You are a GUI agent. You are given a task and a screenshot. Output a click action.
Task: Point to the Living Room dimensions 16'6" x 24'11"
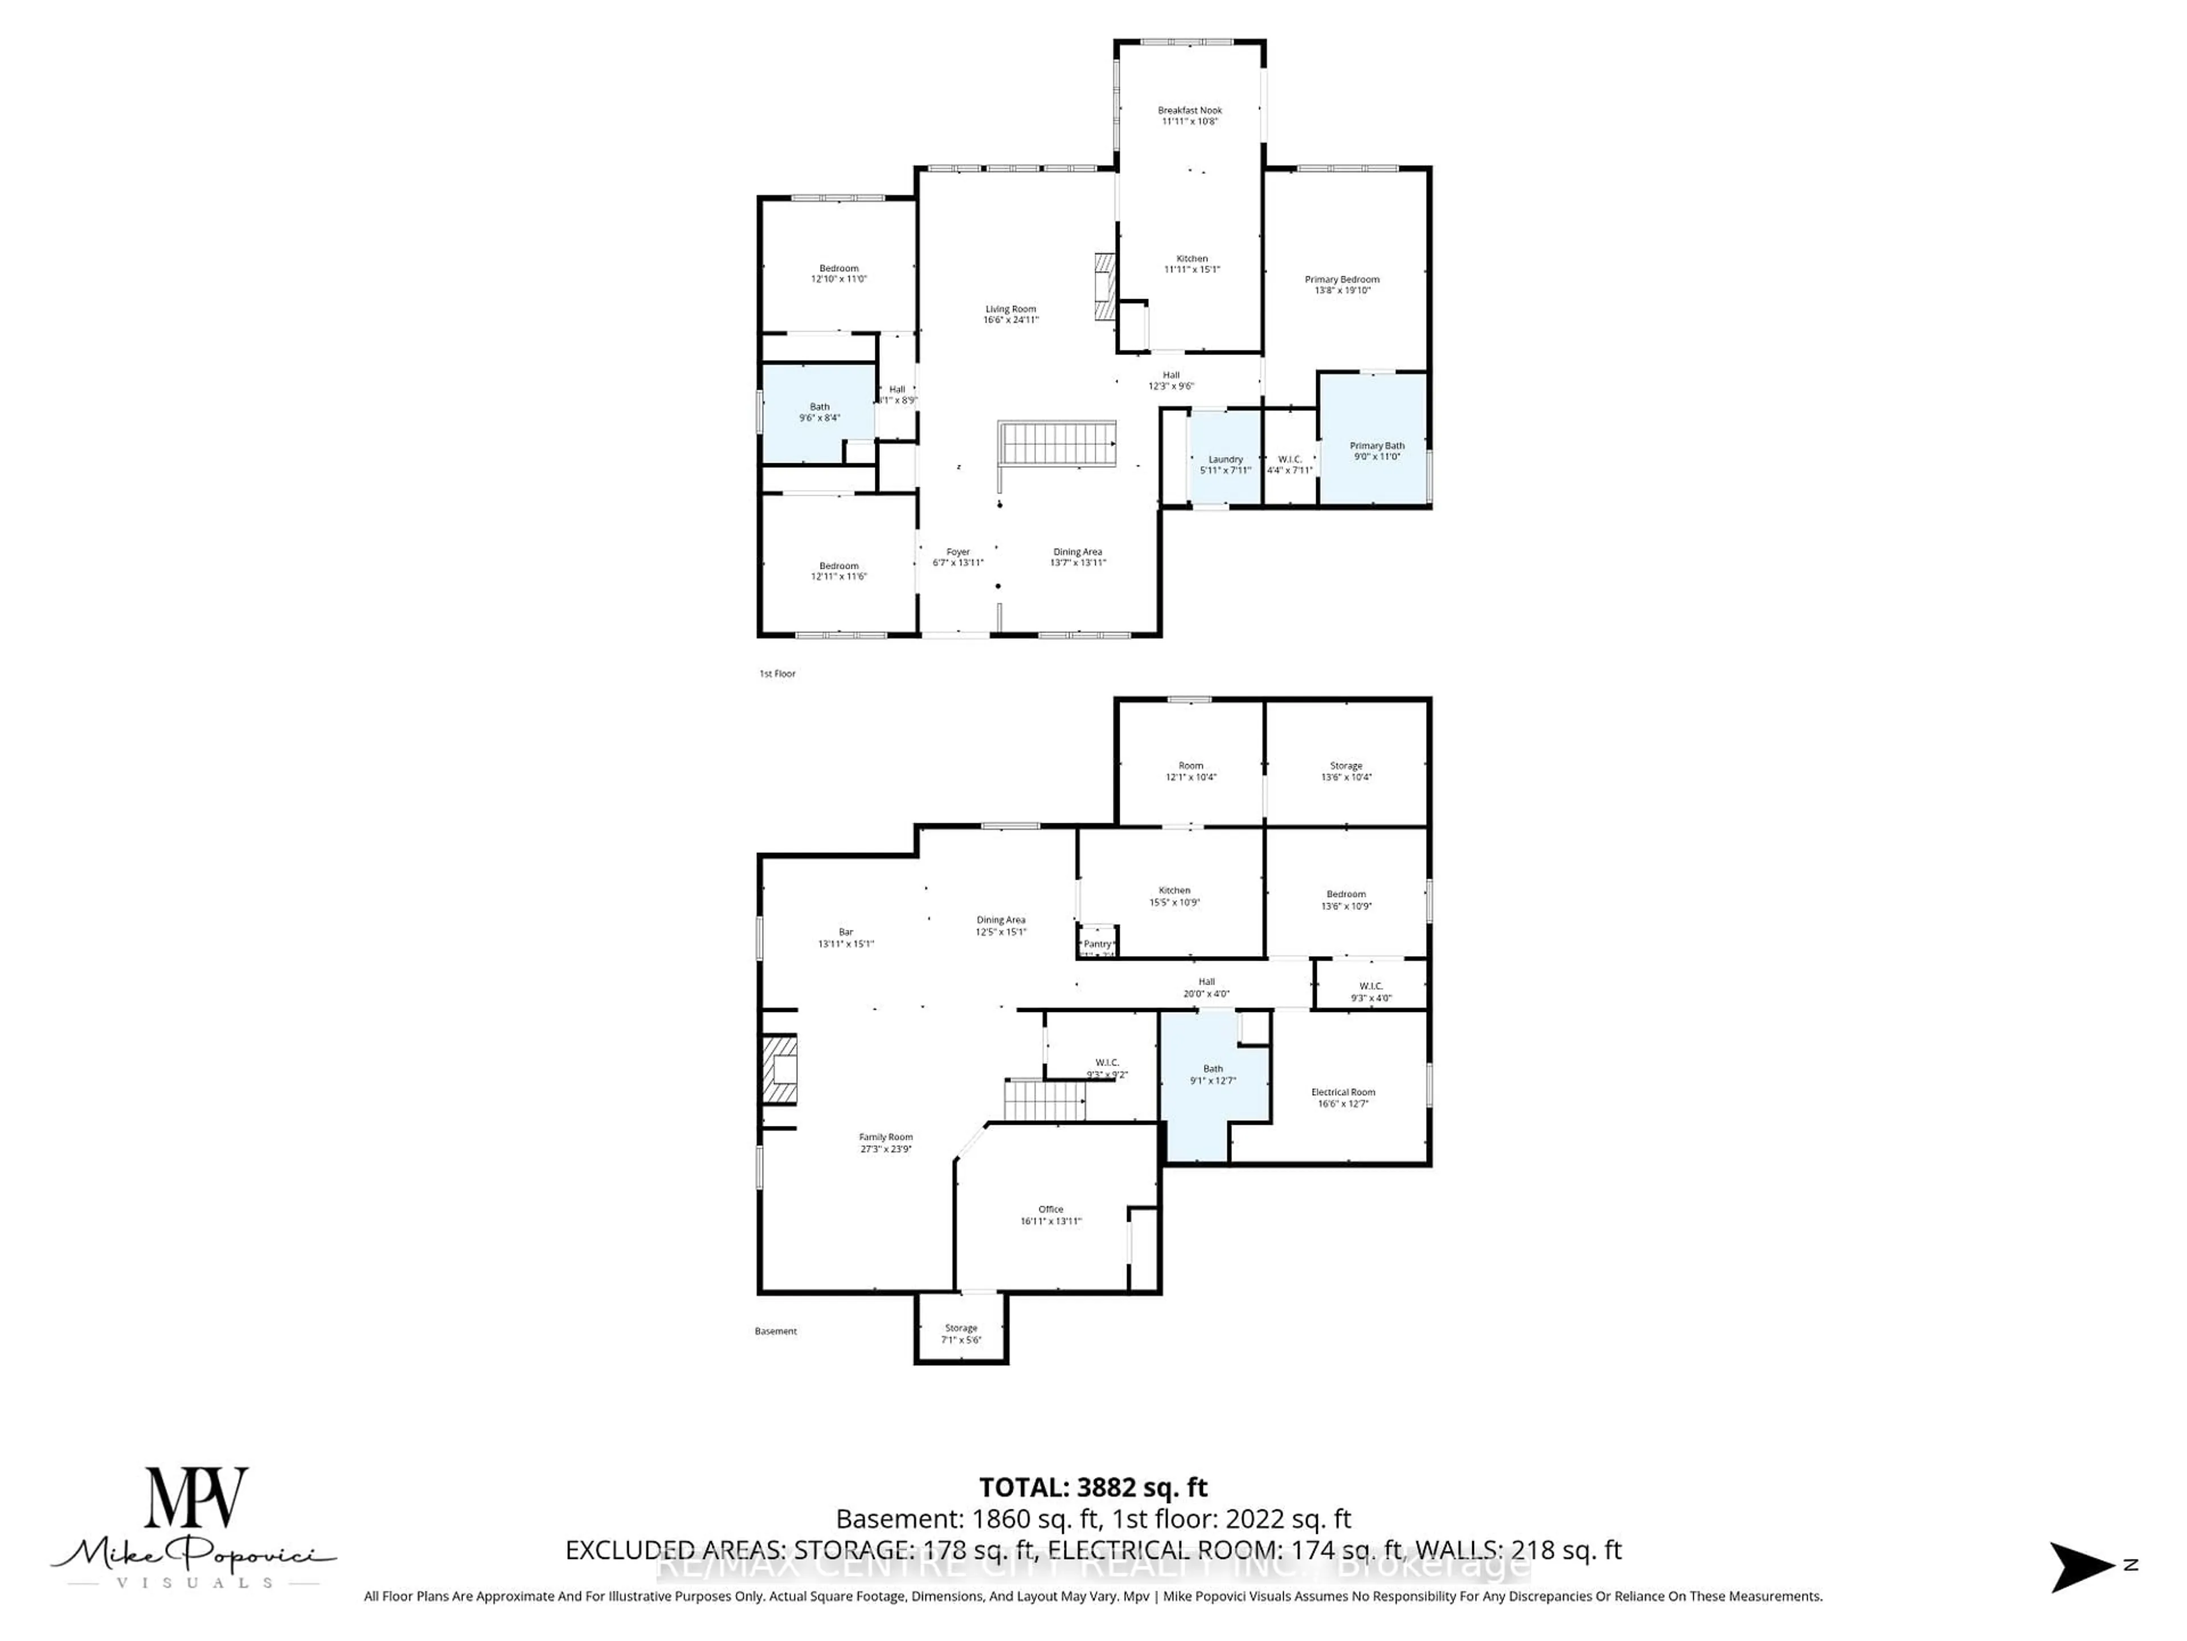pyautogui.click(x=1010, y=320)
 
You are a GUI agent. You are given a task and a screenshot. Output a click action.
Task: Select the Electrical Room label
pyautogui.click(x=1342, y=1092)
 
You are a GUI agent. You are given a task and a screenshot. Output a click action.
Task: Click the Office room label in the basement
pyautogui.click(x=1050, y=1209)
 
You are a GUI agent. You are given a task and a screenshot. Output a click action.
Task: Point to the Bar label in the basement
pyautogui.click(x=845, y=932)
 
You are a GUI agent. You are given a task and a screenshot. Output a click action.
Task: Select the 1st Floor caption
pyautogui.click(x=777, y=673)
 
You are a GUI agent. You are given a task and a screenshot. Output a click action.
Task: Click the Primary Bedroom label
pyautogui.click(x=1342, y=279)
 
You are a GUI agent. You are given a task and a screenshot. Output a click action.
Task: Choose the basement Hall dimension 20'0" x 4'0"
pyautogui.click(x=1206, y=994)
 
